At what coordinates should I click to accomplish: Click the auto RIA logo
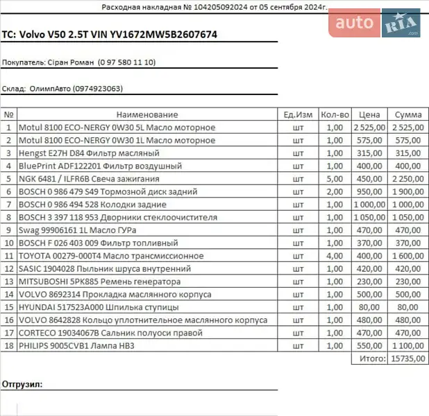click(376, 24)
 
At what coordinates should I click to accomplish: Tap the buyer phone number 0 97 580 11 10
click(127, 62)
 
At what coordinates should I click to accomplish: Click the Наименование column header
click(147, 114)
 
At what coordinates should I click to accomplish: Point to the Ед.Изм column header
click(298, 114)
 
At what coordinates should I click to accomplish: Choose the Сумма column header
click(408, 114)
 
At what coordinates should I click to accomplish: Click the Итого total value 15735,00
click(408, 358)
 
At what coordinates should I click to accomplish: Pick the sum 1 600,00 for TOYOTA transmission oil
click(407, 256)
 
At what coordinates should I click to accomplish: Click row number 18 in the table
click(9, 345)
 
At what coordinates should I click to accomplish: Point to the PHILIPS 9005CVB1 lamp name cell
click(76, 345)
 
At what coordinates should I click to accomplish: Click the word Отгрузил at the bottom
click(22, 383)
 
